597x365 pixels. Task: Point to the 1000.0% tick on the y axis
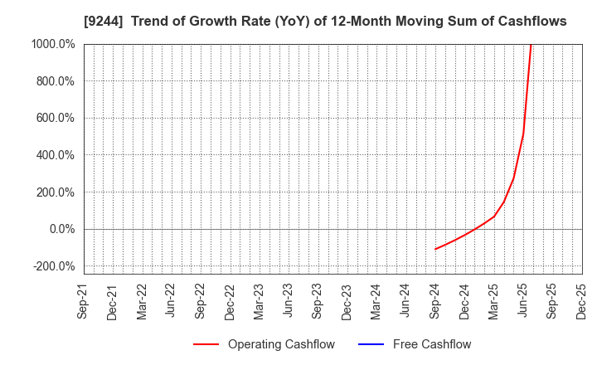click(52, 44)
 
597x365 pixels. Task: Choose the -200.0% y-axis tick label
click(53, 266)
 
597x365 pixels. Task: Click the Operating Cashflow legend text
click(282, 344)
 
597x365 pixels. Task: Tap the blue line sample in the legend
click(373, 344)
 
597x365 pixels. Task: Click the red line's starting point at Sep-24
click(435, 249)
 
